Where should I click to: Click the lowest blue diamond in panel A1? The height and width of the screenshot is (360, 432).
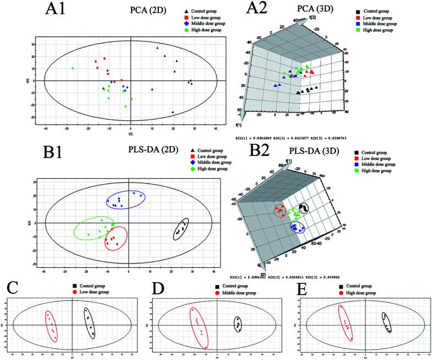[x=173, y=112]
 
